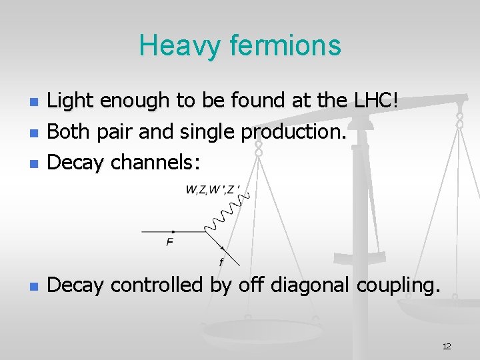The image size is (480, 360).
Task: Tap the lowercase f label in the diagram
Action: coord(221,261)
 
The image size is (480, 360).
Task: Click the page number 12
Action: coord(446,346)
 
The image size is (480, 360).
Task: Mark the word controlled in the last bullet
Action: coord(153,285)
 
